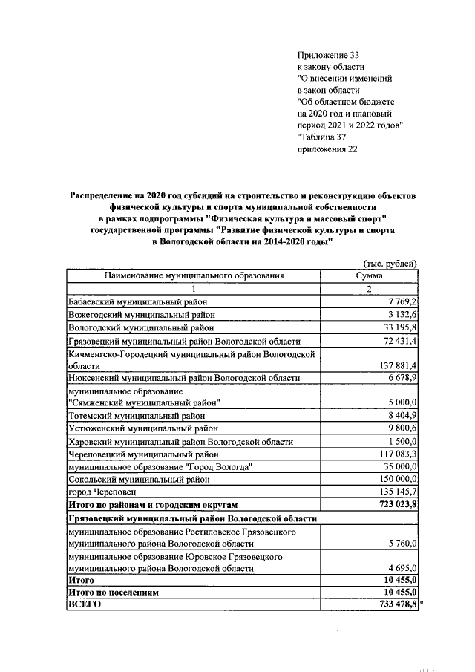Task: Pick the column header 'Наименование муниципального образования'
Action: tap(194, 275)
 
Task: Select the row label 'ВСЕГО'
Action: tap(84, 605)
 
